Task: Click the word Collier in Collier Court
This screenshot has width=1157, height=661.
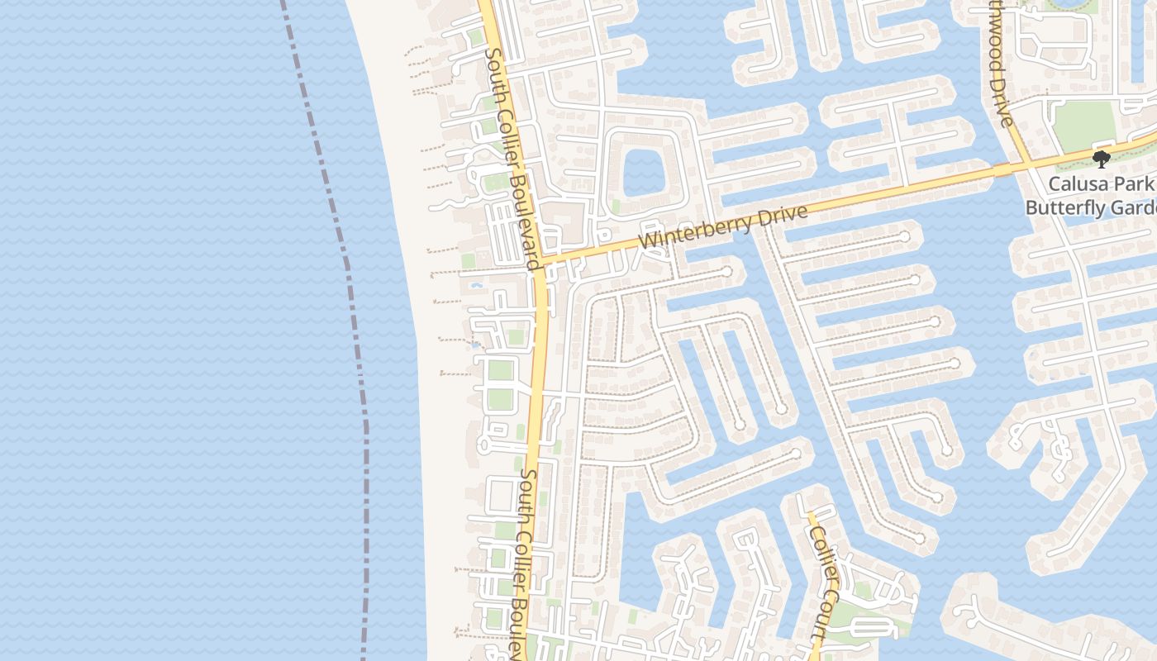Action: pyautogui.click(x=824, y=550)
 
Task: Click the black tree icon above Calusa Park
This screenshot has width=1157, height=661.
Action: pyautogui.click(x=1100, y=159)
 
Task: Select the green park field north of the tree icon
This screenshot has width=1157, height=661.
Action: pyautogui.click(x=1084, y=125)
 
